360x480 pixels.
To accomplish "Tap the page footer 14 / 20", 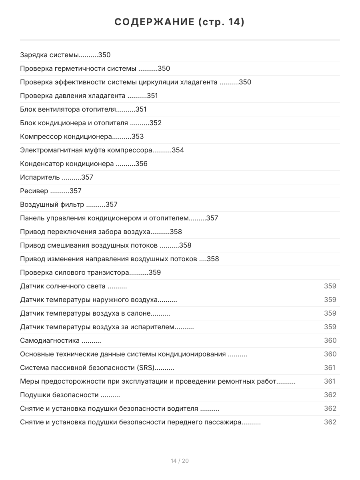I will [180, 461].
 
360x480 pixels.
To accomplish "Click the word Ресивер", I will [34, 191].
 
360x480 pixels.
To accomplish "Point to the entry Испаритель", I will [40, 178].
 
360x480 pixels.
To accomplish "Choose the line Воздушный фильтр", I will [52, 205].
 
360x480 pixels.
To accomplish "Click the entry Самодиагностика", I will [50, 341].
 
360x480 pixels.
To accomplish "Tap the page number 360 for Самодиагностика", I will [330, 341].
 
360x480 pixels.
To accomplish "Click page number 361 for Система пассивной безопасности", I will [330, 368].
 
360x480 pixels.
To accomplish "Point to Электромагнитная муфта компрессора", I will [86, 150].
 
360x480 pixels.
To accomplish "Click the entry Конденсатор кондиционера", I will [67, 164].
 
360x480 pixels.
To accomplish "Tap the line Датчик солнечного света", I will [63, 286].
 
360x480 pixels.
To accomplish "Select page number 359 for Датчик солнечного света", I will [330, 286].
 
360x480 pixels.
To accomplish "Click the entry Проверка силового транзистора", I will [74, 273].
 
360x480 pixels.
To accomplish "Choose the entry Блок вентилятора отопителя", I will [68, 110].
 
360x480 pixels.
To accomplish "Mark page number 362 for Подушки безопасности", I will [330, 395].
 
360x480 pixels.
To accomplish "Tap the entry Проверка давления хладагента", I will [72, 96].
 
